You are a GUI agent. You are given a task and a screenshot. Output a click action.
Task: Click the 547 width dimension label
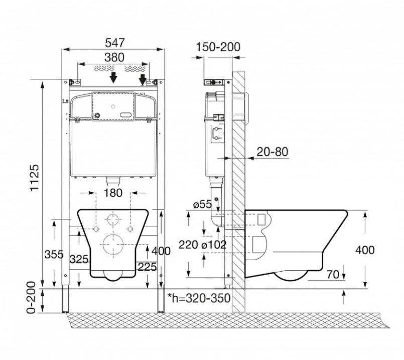coord(114,43)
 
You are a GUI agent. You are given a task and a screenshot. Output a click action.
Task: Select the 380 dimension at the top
coord(114,57)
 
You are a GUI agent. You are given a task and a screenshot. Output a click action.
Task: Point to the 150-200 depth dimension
coord(218,47)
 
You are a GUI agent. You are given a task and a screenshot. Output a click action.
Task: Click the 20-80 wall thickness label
coord(272,151)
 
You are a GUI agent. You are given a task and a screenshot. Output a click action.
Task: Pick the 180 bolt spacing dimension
coord(113,193)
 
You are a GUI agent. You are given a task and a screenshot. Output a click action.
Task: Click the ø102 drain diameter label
coord(214,245)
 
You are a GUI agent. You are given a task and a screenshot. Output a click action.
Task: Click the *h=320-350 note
coord(199,298)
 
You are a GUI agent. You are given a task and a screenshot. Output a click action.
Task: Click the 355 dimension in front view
coord(54,254)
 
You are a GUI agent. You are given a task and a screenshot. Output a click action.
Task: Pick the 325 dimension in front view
coord(79,259)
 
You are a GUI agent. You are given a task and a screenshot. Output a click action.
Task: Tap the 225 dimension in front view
coord(147,267)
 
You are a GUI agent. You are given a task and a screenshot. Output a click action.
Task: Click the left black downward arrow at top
coord(114,77)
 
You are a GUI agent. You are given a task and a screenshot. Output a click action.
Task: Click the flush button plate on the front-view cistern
coord(113,106)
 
